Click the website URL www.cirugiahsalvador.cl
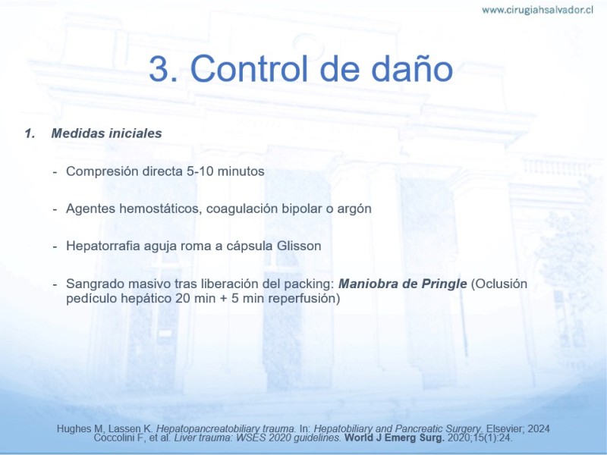(537, 10)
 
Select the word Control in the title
(249, 68)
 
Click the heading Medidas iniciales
(106, 133)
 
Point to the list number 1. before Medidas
(30, 133)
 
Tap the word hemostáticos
(161, 209)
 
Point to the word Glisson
(299, 246)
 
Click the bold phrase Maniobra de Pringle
(403, 284)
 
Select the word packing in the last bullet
(309, 284)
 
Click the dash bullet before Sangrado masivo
(55, 284)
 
